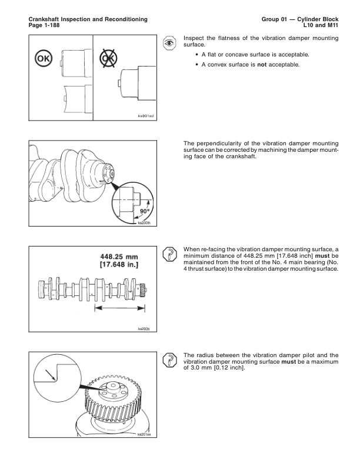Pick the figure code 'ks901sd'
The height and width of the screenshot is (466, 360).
(x=144, y=116)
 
